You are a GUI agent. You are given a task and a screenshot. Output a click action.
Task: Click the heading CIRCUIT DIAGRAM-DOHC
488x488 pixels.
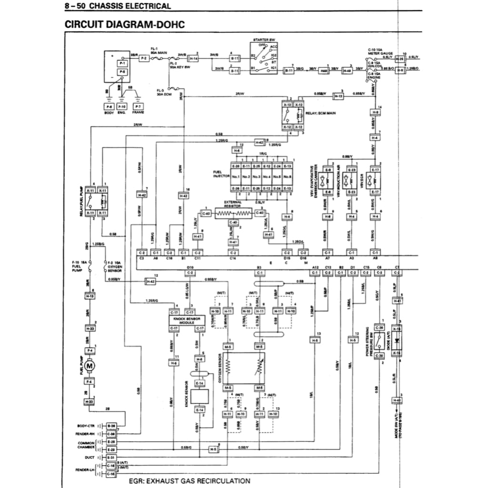[x=124, y=24]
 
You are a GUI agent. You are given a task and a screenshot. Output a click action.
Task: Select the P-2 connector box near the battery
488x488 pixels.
[x=143, y=57]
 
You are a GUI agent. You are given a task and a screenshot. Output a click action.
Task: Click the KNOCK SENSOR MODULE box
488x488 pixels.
[x=187, y=320]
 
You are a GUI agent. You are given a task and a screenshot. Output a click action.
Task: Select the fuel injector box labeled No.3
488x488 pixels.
[x=257, y=177]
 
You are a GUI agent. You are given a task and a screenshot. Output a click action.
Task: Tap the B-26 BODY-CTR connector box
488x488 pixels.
[x=111, y=425]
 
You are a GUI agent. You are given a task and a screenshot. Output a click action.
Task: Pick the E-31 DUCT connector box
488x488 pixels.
[x=111, y=457]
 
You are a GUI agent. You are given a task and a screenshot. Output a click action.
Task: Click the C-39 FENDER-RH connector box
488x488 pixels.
[x=111, y=434]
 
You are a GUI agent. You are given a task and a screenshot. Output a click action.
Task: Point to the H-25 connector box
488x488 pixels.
[x=400, y=59]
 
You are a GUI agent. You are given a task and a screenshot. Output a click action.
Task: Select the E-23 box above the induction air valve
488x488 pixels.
[x=352, y=170]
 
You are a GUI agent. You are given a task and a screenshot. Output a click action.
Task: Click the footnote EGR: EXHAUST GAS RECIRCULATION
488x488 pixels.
[x=190, y=480]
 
